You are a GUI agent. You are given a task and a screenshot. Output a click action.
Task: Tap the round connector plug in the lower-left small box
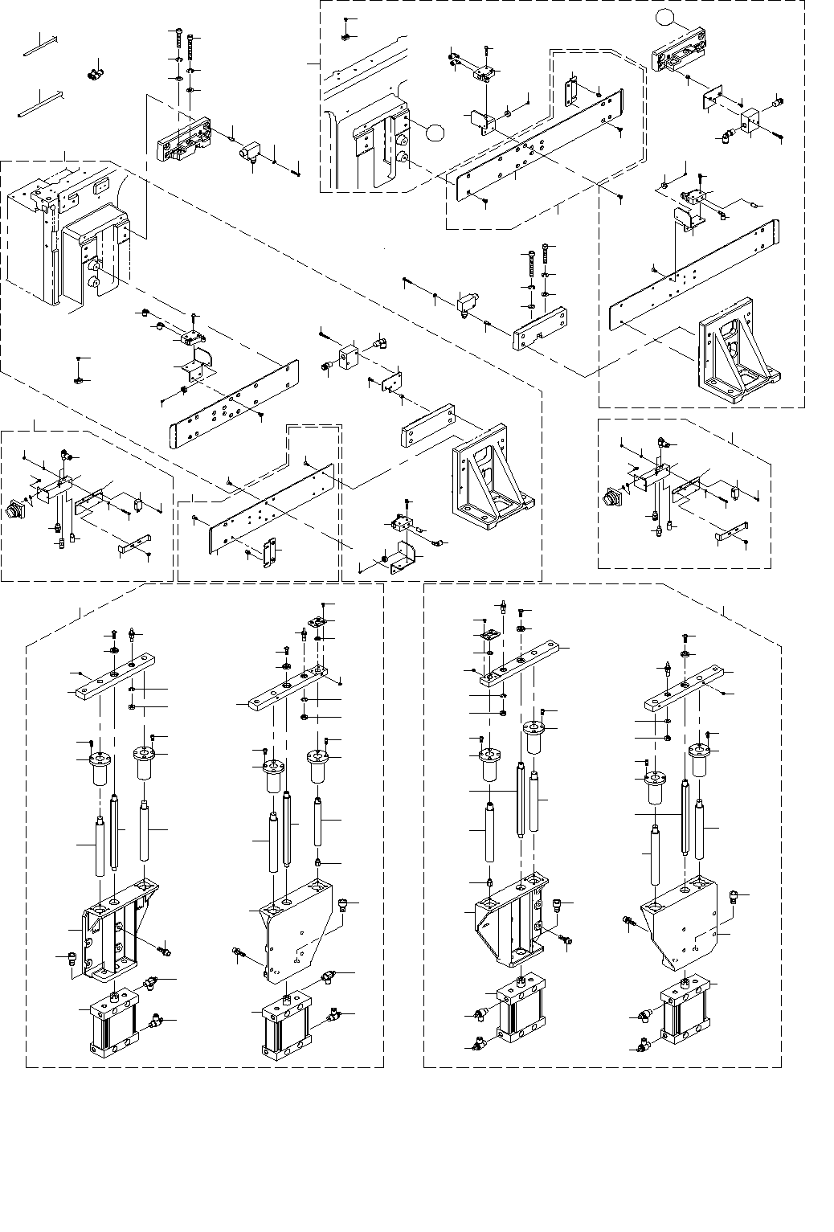point(15,508)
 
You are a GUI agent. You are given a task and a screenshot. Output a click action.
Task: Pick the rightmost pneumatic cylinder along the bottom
point(685,1014)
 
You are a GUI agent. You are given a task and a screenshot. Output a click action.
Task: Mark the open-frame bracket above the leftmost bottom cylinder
point(115,931)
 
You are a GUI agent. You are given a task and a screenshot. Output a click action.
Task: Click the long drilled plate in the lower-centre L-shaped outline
point(271,508)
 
